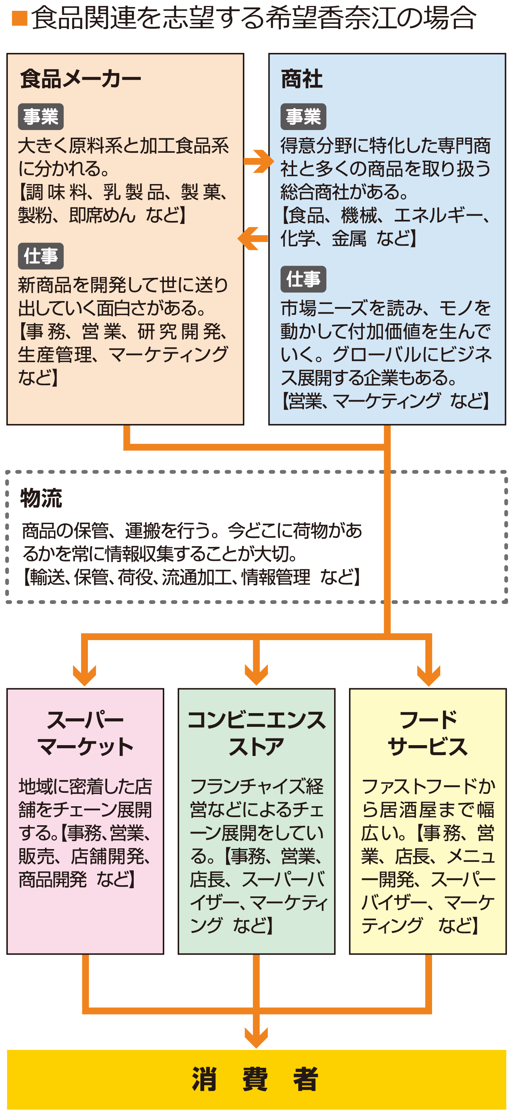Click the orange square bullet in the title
(x=19, y=18)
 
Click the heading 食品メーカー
(x=81, y=79)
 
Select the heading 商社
(x=302, y=79)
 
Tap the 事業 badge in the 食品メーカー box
(x=41, y=117)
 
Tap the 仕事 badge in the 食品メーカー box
(x=41, y=256)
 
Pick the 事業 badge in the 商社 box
(x=303, y=117)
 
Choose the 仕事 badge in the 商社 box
(x=303, y=279)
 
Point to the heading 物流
(x=41, y=498)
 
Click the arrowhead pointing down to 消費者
(x=256, y=1037)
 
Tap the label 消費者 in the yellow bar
(x=256, y=1079)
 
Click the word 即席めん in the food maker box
(x=102, y=215)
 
